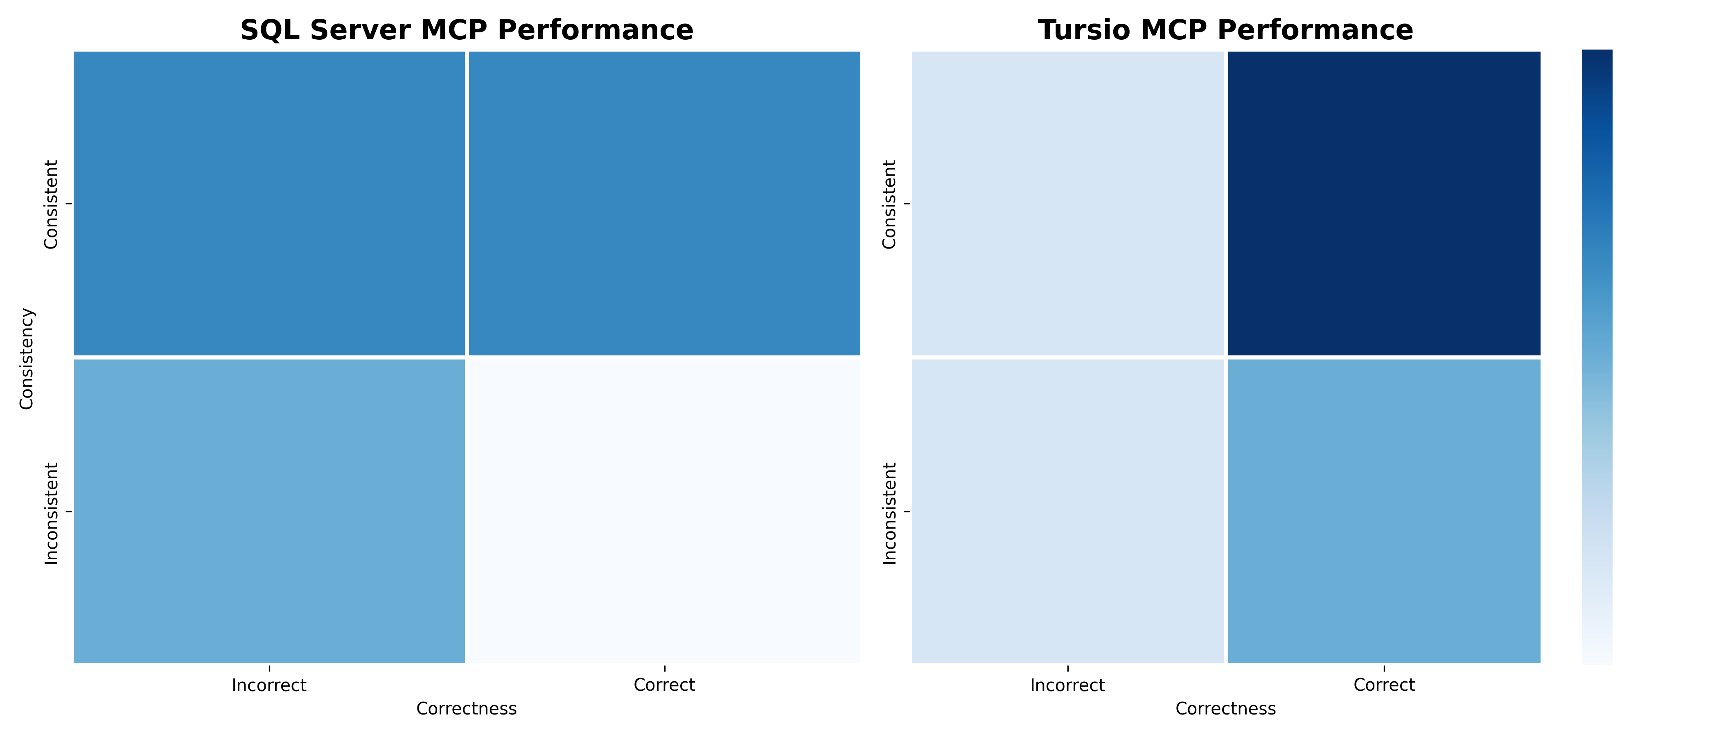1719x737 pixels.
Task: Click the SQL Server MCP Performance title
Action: coord(467,30)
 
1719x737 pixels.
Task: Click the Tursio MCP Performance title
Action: coord(1225,30)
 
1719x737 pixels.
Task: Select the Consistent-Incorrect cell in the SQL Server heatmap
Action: coord(269,203)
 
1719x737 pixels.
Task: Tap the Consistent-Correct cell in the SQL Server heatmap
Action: coord(665,203)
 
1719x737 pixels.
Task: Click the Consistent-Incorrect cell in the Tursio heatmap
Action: coord(1068,203)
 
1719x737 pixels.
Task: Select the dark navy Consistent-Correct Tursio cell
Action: coord(1384,203)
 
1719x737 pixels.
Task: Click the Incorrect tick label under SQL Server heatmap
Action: coord(269,685)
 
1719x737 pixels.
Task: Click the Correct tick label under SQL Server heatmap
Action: coord(665,685)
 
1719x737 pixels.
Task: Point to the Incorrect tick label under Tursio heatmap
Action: coord(1068,685)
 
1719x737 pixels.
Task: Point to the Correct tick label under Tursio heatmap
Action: coord(1384,685)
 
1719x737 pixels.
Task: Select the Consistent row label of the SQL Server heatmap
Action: coord(52,204)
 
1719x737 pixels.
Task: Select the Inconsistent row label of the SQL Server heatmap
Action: coord(52,513)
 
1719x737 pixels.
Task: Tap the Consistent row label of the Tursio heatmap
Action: coord(889,204)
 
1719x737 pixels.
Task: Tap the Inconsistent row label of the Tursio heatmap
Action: coord(889,513)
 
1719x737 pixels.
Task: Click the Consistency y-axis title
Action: coord(26,359)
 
